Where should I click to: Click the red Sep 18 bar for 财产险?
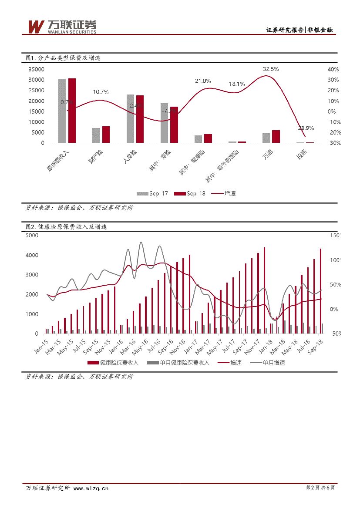click(106, 135)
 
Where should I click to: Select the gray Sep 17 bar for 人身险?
click(131, 118)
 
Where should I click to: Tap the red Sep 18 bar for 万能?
click(276, 136)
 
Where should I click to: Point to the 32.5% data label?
click(271, 69)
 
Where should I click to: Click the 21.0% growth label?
click(203, 81)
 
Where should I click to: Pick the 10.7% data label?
click(101, 91)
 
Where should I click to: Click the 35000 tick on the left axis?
click(36, 69)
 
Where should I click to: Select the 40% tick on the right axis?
click(332, 69)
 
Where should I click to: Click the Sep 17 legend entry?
click(152, 194)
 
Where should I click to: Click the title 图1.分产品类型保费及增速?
click(63, 57)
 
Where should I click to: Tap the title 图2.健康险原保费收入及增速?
click(66, 227)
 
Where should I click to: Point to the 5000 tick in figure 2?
click(33, 236)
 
